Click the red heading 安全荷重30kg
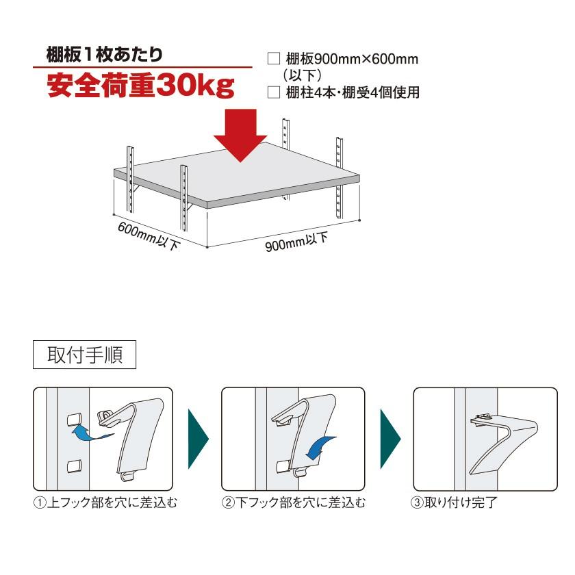(x=140, y=87)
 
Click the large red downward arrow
(x=240, y=135)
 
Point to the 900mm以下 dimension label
(x=296, y=242)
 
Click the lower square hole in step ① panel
(x=73, y=466)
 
